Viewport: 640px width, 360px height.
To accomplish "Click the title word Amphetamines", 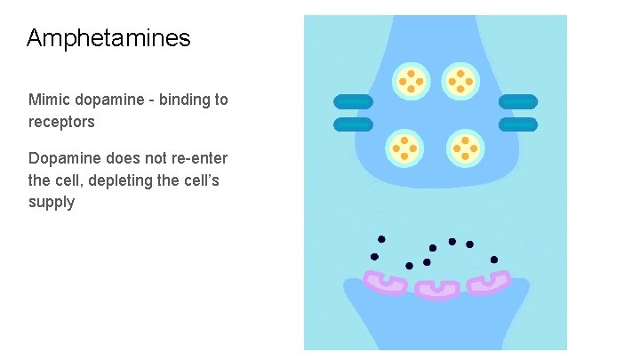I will pos(108,38).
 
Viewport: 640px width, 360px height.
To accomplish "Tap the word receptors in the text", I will pos(61,122).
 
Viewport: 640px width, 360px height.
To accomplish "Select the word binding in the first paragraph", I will pos(185,100).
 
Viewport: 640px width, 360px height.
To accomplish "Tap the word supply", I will pos(52,203).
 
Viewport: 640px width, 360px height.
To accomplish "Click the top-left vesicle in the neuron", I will pos(411,82).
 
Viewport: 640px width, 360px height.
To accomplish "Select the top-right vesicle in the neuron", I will pos(460,82).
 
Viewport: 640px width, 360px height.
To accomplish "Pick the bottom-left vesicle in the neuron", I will pos(404,148).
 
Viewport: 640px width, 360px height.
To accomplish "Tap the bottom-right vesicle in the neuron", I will pos(465,148).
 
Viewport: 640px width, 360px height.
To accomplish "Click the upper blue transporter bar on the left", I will pos(353,102).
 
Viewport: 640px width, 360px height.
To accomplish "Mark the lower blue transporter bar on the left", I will pos(353,124).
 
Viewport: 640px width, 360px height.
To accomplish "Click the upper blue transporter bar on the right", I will pos(518,102).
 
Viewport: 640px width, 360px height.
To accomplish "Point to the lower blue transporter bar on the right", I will pos(518,124).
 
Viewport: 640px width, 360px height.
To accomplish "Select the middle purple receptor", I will pos(437,289).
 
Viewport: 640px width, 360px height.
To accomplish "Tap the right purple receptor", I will pos(489,283).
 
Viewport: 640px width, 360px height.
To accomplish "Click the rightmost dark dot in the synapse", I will pos(494,260).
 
